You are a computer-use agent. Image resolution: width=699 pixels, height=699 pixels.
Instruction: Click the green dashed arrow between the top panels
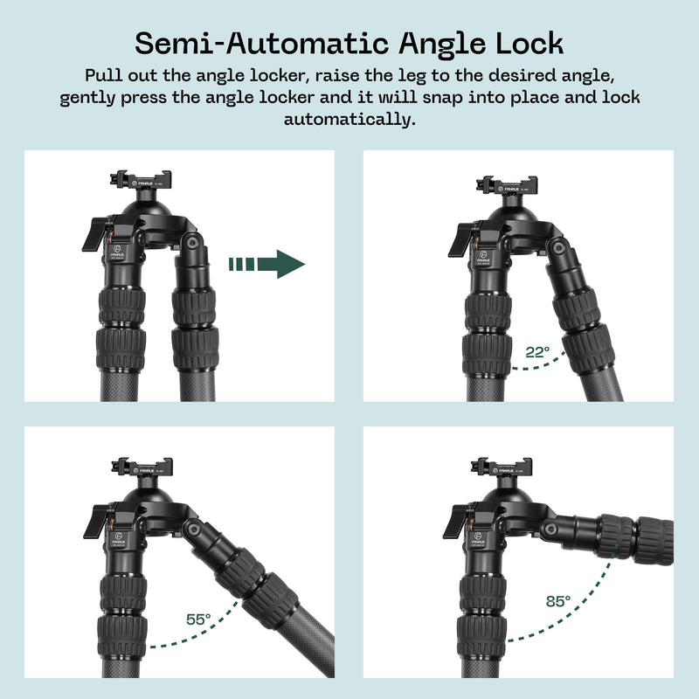tap(266, 263)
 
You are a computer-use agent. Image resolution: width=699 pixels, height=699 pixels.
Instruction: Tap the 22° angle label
tap(537, 353)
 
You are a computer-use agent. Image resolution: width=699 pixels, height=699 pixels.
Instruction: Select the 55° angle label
tap(198, 619)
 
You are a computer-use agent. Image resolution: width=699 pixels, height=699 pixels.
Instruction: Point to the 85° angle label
tap(557, 601)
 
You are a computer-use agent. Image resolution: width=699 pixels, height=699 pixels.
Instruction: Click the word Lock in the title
tap(531, 43)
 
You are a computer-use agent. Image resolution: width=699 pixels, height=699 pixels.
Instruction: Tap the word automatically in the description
tap(349, 119)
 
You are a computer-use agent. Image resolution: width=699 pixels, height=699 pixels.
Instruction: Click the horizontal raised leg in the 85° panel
tap(612, 531)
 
